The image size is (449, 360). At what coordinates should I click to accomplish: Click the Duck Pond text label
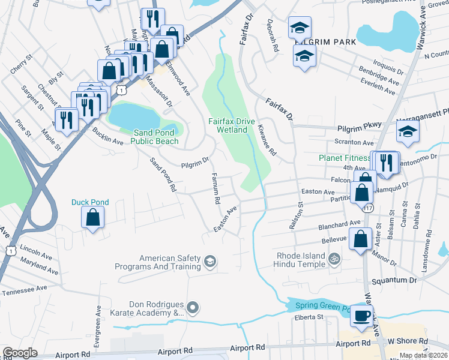pos(90,202)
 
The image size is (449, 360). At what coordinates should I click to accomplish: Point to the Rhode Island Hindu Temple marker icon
pos(335,259)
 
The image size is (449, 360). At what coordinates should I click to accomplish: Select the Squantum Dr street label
pos(396,280)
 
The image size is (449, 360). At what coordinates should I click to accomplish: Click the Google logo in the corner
pos(20,353)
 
